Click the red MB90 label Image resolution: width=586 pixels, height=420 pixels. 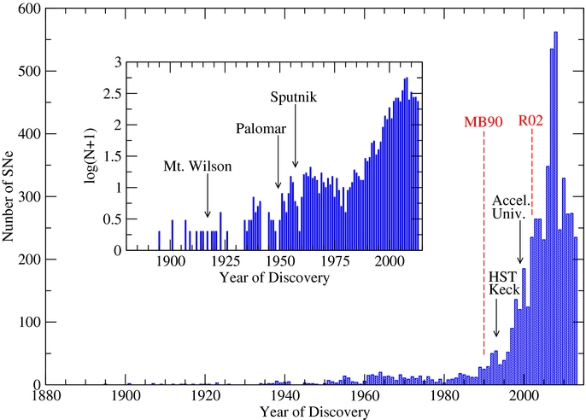pyautogui.click(x=483, y=121)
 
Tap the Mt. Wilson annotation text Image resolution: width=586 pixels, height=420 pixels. pyautogui.click(x=197, y=166)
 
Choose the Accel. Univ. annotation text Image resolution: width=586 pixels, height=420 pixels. pyautogui.click(x=513, y=208)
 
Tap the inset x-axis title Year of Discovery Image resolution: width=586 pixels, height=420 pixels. pyautogui.click(x=275, y=278)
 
